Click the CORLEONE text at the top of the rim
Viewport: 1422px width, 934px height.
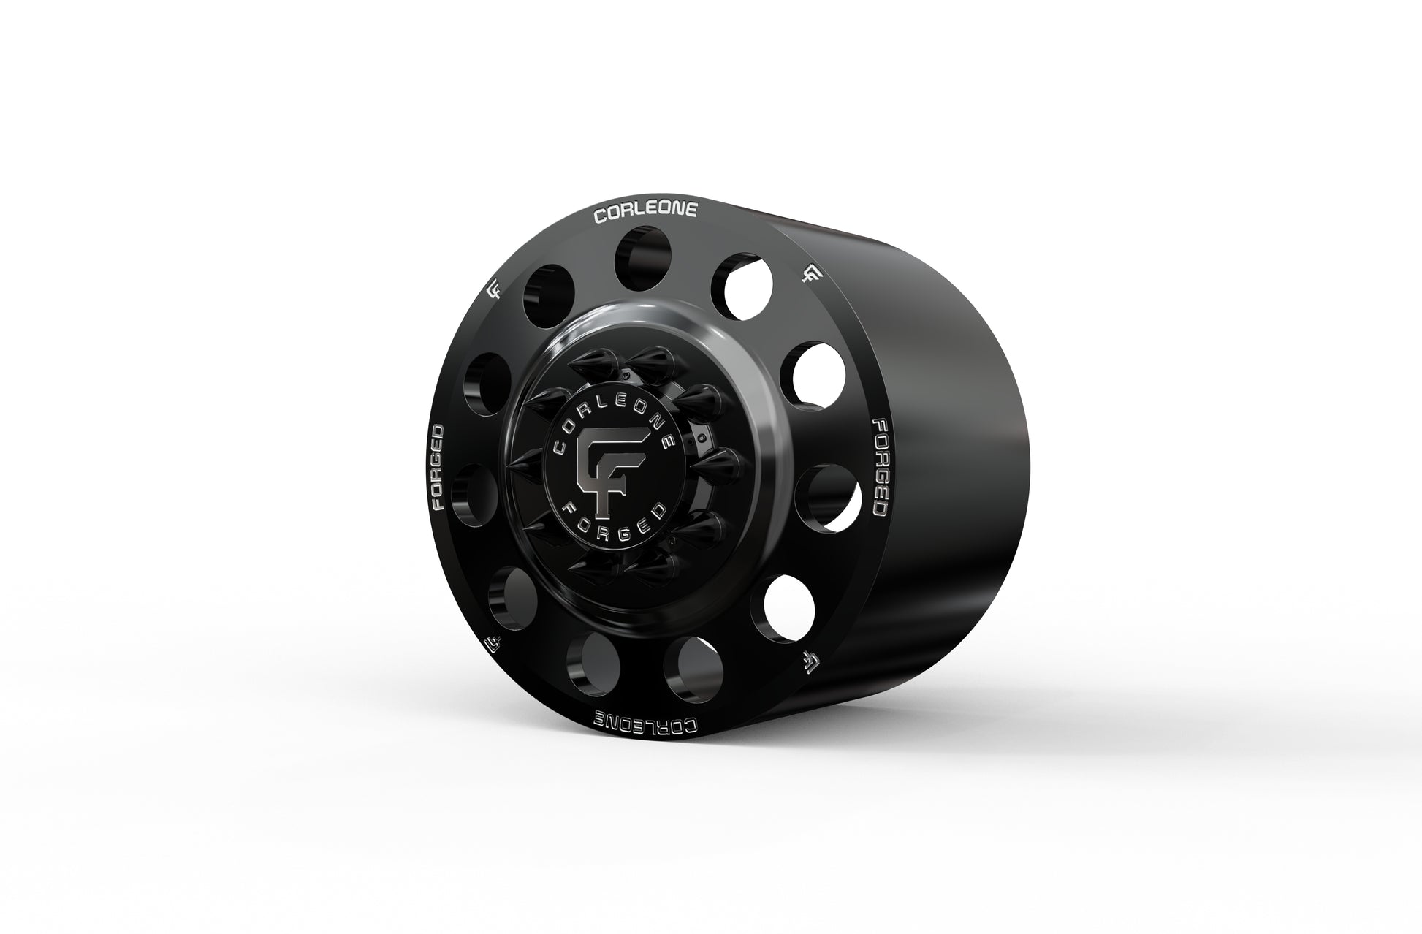[x=646, y=213]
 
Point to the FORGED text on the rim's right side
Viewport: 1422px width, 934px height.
[x=880, y=468]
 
